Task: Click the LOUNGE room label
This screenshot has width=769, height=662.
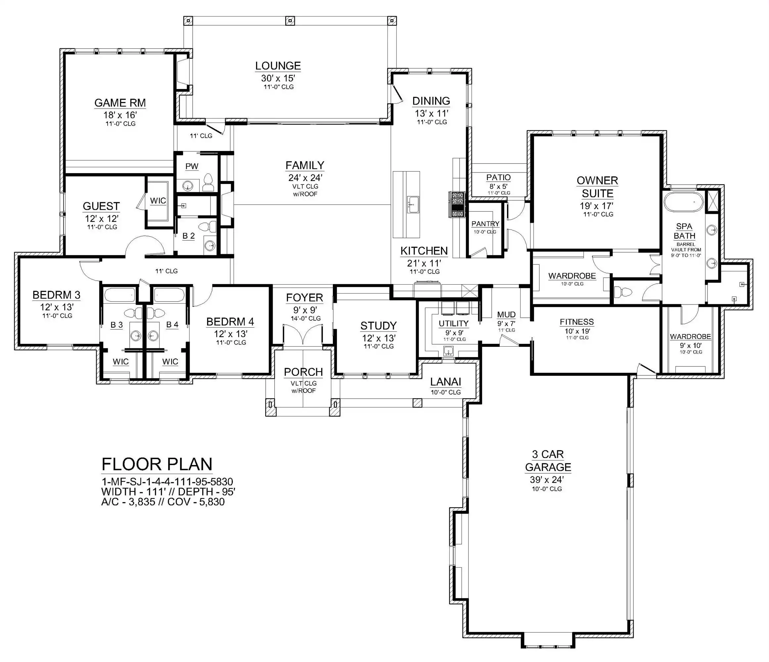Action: (278, 66)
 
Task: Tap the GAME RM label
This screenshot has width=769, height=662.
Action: (120, 103)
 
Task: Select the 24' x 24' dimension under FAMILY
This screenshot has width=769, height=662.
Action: (305, 177)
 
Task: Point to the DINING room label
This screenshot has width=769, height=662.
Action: (431, 101)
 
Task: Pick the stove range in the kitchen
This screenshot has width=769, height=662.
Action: (457, 204)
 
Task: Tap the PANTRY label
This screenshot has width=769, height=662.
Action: (485, 224)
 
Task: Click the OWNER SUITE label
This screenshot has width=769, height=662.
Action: (597, 187)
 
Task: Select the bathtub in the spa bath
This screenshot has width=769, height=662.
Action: (684, 202)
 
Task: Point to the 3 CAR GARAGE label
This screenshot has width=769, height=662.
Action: (548, 460)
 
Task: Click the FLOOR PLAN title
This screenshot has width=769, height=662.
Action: (157, 464)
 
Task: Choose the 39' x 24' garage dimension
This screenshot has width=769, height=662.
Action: (547, 480)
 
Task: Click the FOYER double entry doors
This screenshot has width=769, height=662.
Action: (303, 334)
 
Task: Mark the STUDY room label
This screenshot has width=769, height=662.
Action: (379, 326)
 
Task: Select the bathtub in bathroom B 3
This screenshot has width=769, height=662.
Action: (119, 296)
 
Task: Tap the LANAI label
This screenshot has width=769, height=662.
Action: (445, 382)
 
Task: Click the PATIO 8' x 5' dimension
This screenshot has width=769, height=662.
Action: (498, 187)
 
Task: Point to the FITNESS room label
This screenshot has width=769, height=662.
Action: (577, 322)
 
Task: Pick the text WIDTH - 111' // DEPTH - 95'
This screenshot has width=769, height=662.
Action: (168, 492)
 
